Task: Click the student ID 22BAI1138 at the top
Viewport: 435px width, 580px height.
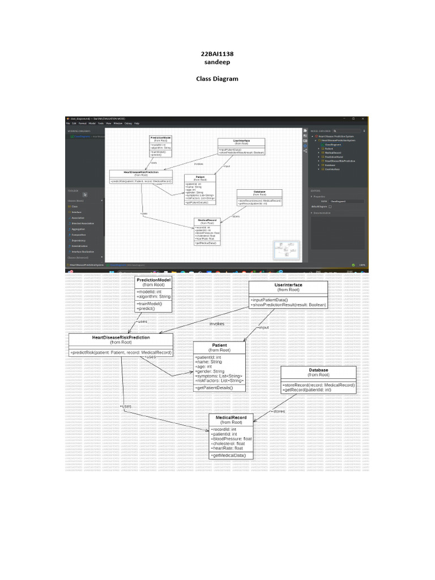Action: tap(217, 54)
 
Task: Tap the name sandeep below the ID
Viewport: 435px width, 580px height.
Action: tap(217, 62)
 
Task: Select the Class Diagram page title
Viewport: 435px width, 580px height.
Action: tap(217, 79)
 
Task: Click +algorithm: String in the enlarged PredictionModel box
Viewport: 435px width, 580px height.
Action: tap(154, 296)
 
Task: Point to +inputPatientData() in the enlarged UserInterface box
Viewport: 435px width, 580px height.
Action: tap(270, 300)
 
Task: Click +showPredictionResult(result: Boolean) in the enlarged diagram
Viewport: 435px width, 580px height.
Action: tap(288, 305)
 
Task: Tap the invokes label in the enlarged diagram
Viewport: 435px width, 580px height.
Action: tap(218, 324)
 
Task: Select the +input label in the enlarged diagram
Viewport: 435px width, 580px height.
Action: tap(263, 327)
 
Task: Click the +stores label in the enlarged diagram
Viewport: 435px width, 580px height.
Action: tap(278, 411)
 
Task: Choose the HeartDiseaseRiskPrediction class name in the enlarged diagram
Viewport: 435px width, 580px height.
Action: tap(121, 337)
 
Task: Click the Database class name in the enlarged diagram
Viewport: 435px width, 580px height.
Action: tap(318, 370)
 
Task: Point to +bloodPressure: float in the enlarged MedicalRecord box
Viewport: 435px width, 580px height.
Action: tap(231, 439)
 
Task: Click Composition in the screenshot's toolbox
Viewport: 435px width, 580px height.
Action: tap(78, 234)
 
